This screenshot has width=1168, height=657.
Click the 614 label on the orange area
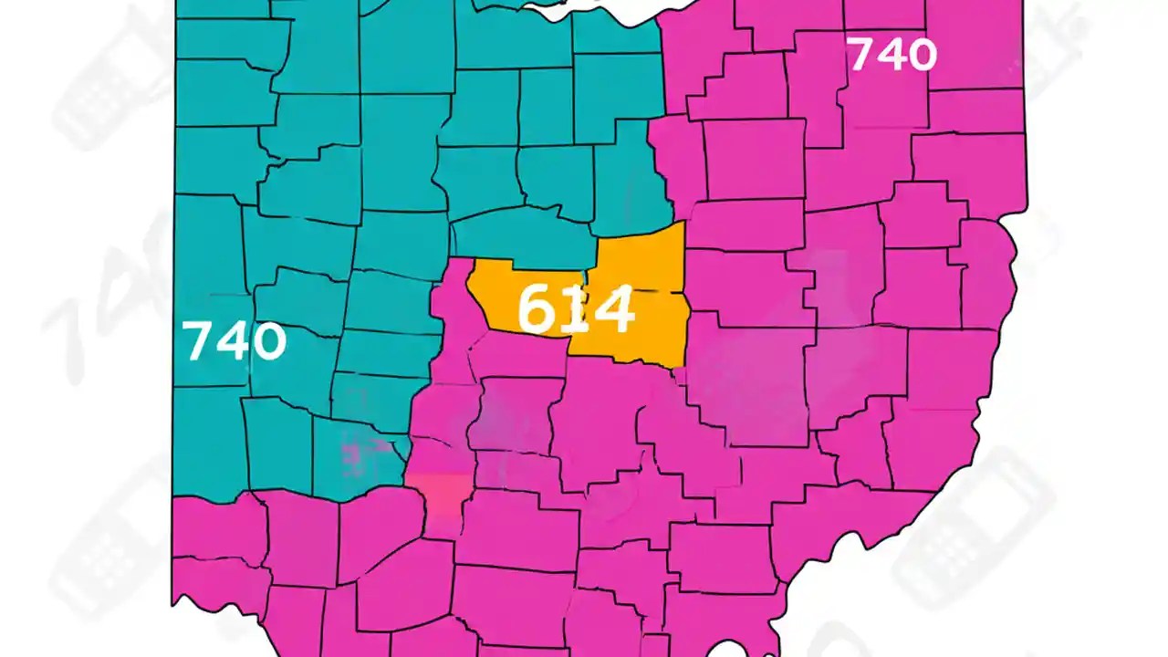click(575, 308)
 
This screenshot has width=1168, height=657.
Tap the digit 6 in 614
click(537, 308)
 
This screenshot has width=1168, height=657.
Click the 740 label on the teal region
click(235, 341)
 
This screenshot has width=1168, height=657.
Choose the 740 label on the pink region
click(892, 55)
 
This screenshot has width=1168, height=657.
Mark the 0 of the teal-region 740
click(268, 342)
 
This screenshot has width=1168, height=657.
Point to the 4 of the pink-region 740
click(891, 55)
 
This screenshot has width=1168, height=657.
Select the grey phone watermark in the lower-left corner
click(109, 547)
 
